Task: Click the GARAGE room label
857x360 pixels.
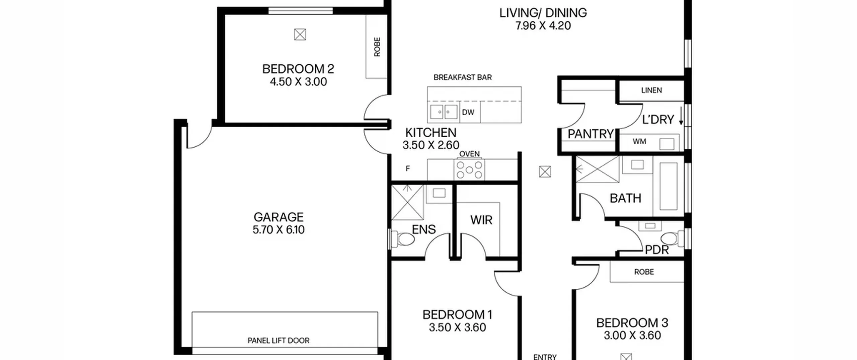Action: pyautogui.click(x=279, y=217)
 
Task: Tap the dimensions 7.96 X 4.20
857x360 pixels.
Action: pyautogui.click(x=543, y=26)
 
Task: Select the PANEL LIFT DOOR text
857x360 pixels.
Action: pyautogui.click(x=279, y=341)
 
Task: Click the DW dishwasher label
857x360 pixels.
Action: pyautogui.click(x=468, y=113)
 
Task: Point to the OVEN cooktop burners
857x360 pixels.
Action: pyautogui.click(x=469, y=170)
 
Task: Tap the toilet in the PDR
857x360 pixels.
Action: pyautogui.click(x=672, y=239)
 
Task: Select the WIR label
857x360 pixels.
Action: pyautogui.click(x=481, y=220)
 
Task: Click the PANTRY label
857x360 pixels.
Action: pyautogui.click(x=591, y=134)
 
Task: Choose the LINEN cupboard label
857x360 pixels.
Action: pyautogui.click(x=651, y=90)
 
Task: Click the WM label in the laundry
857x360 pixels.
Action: pyautogui.click(x=639, y=142)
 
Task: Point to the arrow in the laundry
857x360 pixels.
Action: pyautogui.click(x=681, y=116)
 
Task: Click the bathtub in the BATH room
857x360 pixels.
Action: pyautogui.click(x=669, y=187)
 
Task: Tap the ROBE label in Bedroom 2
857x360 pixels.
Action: pyautogui.click(x=377, y=47)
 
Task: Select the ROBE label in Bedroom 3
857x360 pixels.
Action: pyautogui.click(x=644, y=272)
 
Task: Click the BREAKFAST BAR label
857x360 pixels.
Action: pyautogui.click(x=463, y=77)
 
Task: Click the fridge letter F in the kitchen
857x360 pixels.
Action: pyautogui.click(x=408, y=169)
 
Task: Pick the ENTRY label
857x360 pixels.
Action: pyautogui.click(x=545, y=357)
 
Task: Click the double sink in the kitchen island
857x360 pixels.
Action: pyautogui.click(x=444, y=112)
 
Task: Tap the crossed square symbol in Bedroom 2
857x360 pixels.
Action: pyautogui.click(x=300, y=34)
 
